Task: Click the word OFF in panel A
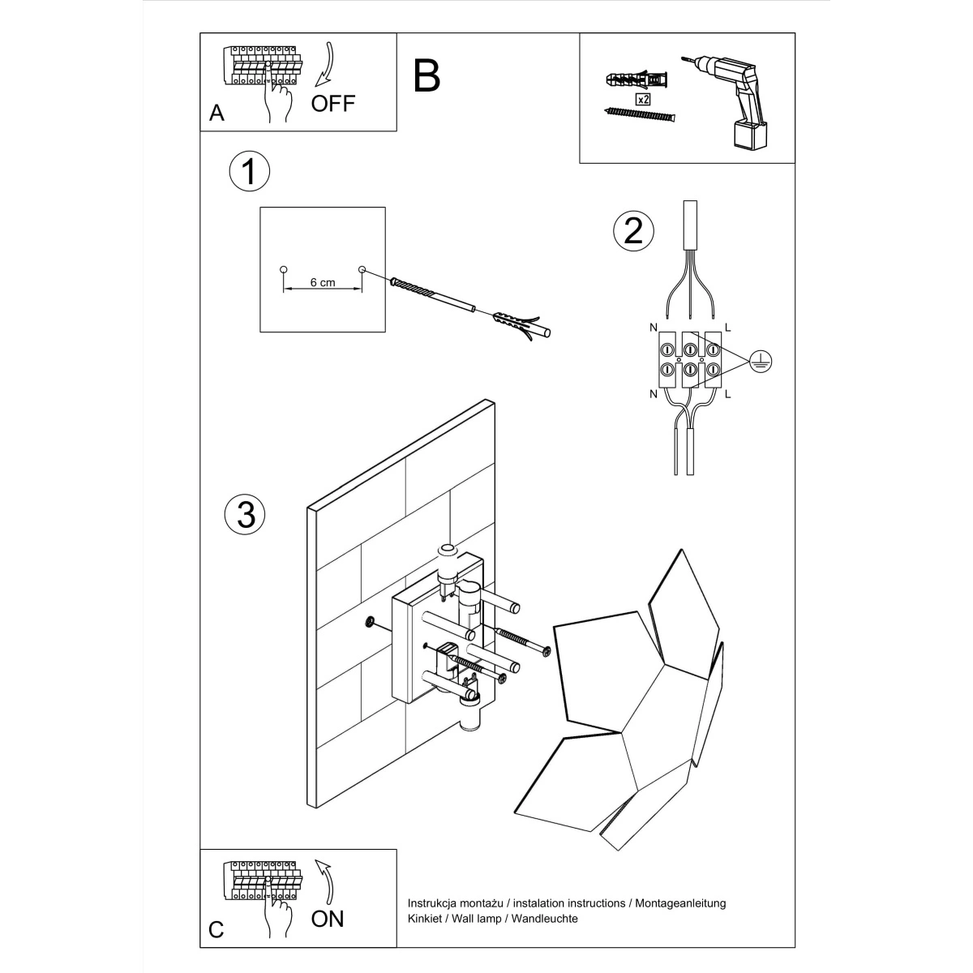pyautogui.click(x=332, y=104)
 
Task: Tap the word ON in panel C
pyautogui.click(x=328, y=918)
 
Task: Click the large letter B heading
pyautogui.click(x=426, y=75)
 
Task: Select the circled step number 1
pyautogui.click(x=249, y=172)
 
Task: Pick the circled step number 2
pyautogui.click(x=633, y=231)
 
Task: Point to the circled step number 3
pyautogui.click(x=246, y=514)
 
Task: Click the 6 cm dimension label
pyautogui.click(x=322, y=283)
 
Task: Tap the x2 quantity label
pyautogui.click(x=642, y=100)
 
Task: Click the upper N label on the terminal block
pyautogui.click(x=653, y=328)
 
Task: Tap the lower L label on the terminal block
pyautogui.click(x=727, y=394)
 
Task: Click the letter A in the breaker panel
pyautogui.click(x=216, y=113)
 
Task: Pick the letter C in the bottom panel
pyautogui.click(x=216, y=929)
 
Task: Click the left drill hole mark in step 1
pyautogui.click(x=283, y=268)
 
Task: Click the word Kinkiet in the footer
pyautogui.click(x=424, y=919)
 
